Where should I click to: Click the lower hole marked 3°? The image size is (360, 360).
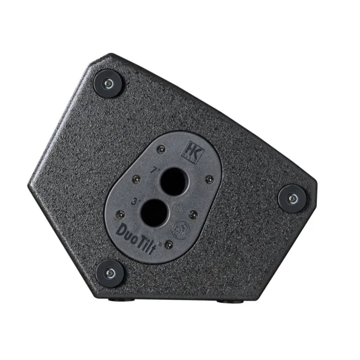[x=155, y=211]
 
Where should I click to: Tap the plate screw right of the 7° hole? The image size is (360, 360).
[x=209, y=179]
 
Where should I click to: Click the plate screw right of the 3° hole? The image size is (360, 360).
[x=192, y=213]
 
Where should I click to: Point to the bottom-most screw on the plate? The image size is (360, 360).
[x=169, y=244]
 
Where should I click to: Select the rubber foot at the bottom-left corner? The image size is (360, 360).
[x=110, y=273]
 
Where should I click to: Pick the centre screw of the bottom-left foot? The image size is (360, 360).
[x=110, y=273]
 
